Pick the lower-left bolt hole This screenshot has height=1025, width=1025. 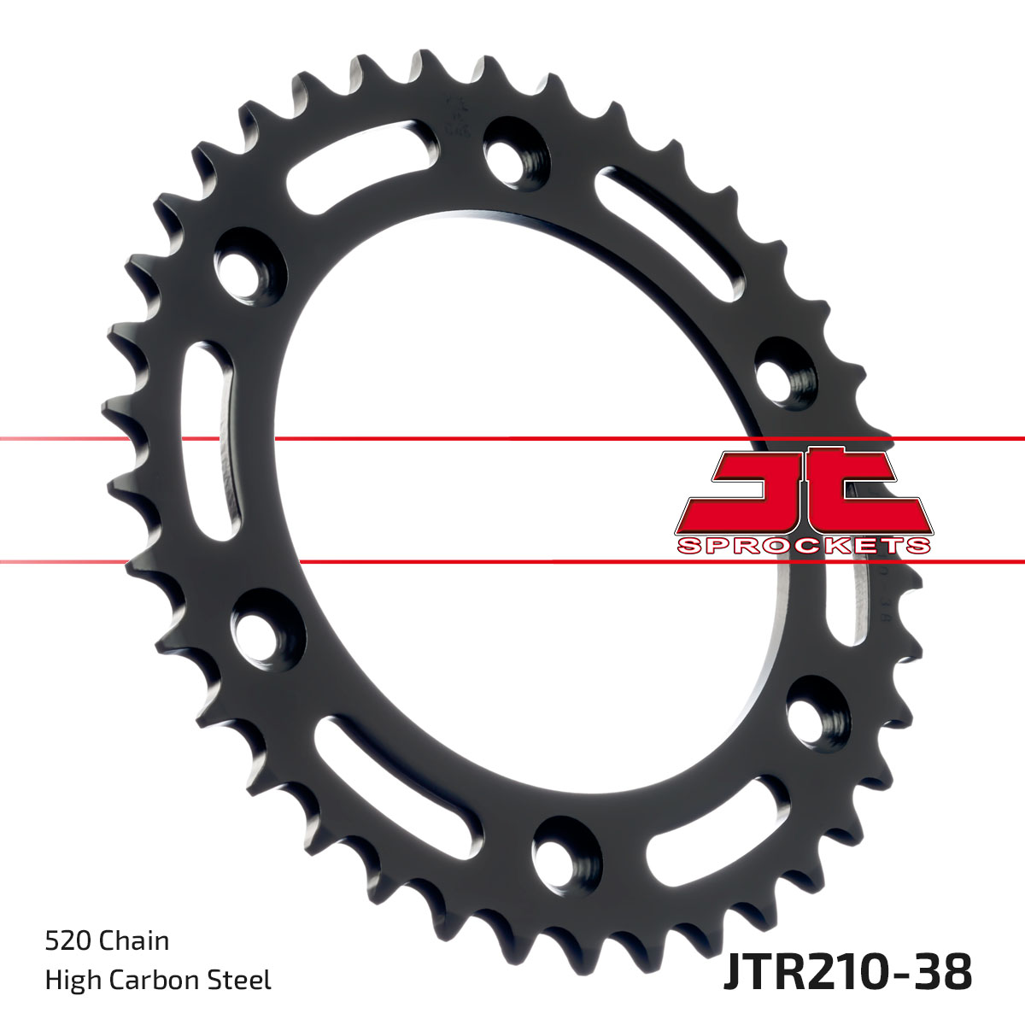(x=261, y=634)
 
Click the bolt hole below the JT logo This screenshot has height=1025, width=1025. (x=816, y=711)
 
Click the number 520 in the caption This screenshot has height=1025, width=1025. (x=68, y=940)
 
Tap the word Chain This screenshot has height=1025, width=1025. (x=134, y=940)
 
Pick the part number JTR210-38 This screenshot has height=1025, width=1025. (x=847, y=972)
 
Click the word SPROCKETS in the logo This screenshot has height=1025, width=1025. (x=803, y=546)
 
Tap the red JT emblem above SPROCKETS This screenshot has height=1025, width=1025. (x=803, y=491)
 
